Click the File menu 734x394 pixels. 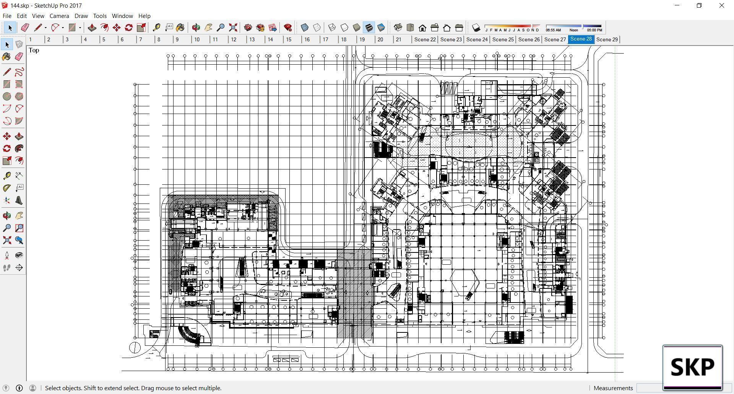coord(7,16)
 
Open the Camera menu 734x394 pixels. coord(59,16)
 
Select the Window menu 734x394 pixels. coord(122,16)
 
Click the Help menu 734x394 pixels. coord(144,16)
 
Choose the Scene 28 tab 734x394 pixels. coord(581,39)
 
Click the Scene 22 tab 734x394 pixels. coord(425,39)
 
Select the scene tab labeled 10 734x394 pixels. coord(196,39)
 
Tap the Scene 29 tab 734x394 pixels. coord(607,39)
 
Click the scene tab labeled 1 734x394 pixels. coord(31,39)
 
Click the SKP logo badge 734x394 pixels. coord(692,367)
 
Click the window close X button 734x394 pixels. coord(722,5)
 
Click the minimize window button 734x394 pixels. coord(677,5)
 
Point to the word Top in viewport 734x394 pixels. coord(34,50)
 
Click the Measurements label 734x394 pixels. coord(613,388)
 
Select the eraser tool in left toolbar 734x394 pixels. coord(19,57)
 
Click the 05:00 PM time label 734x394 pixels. coord(594,30)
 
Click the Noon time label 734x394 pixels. coord(573,30)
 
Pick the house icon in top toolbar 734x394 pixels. coord(422,28)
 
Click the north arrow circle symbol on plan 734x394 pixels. coord(135,347)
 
